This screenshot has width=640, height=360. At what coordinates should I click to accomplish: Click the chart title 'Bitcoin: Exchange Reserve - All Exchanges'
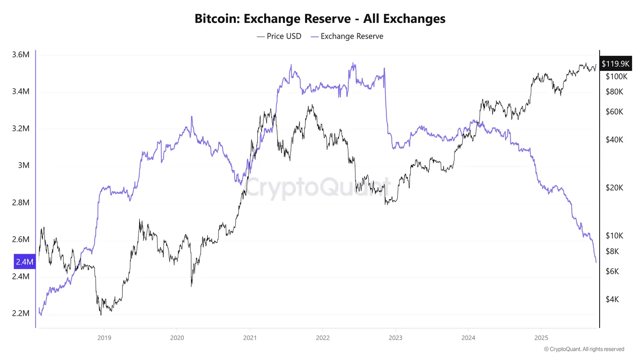click(320, 19)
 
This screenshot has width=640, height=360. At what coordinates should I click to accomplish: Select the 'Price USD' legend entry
click(279, 36)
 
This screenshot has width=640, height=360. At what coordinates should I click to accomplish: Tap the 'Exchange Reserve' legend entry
click(347, 36)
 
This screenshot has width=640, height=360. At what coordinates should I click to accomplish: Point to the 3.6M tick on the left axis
click(21, 55)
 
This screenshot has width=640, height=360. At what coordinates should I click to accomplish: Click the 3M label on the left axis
click(24, 165)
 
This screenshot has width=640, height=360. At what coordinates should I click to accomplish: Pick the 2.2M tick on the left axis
click(21, 313)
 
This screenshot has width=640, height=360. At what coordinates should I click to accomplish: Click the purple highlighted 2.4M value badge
click(25, 262)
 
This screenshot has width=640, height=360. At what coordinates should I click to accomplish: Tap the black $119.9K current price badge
click(615, 64)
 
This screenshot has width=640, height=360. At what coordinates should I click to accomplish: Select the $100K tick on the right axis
click(616, 77)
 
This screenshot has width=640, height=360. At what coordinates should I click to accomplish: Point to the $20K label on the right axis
click(614, 188)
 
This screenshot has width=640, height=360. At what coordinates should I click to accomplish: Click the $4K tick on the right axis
click(612, 299)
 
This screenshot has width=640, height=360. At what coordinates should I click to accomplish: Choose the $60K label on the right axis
click(614, 112)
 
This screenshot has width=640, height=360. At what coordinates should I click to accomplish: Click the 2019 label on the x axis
click(104, 337)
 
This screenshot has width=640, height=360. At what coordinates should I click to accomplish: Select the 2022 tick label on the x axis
click(323, 337)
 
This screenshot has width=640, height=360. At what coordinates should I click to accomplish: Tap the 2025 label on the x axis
click(541, 337)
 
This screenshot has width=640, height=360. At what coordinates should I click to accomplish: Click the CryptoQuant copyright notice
click(584, 349)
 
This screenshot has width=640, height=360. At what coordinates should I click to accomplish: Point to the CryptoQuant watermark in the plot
click(319, 187)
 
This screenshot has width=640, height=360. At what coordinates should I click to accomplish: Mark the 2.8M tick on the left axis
click(21, 202)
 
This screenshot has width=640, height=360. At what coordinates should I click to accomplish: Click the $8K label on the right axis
click(612, 251)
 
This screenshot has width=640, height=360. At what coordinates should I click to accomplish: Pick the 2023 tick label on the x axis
click(395, 337)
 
